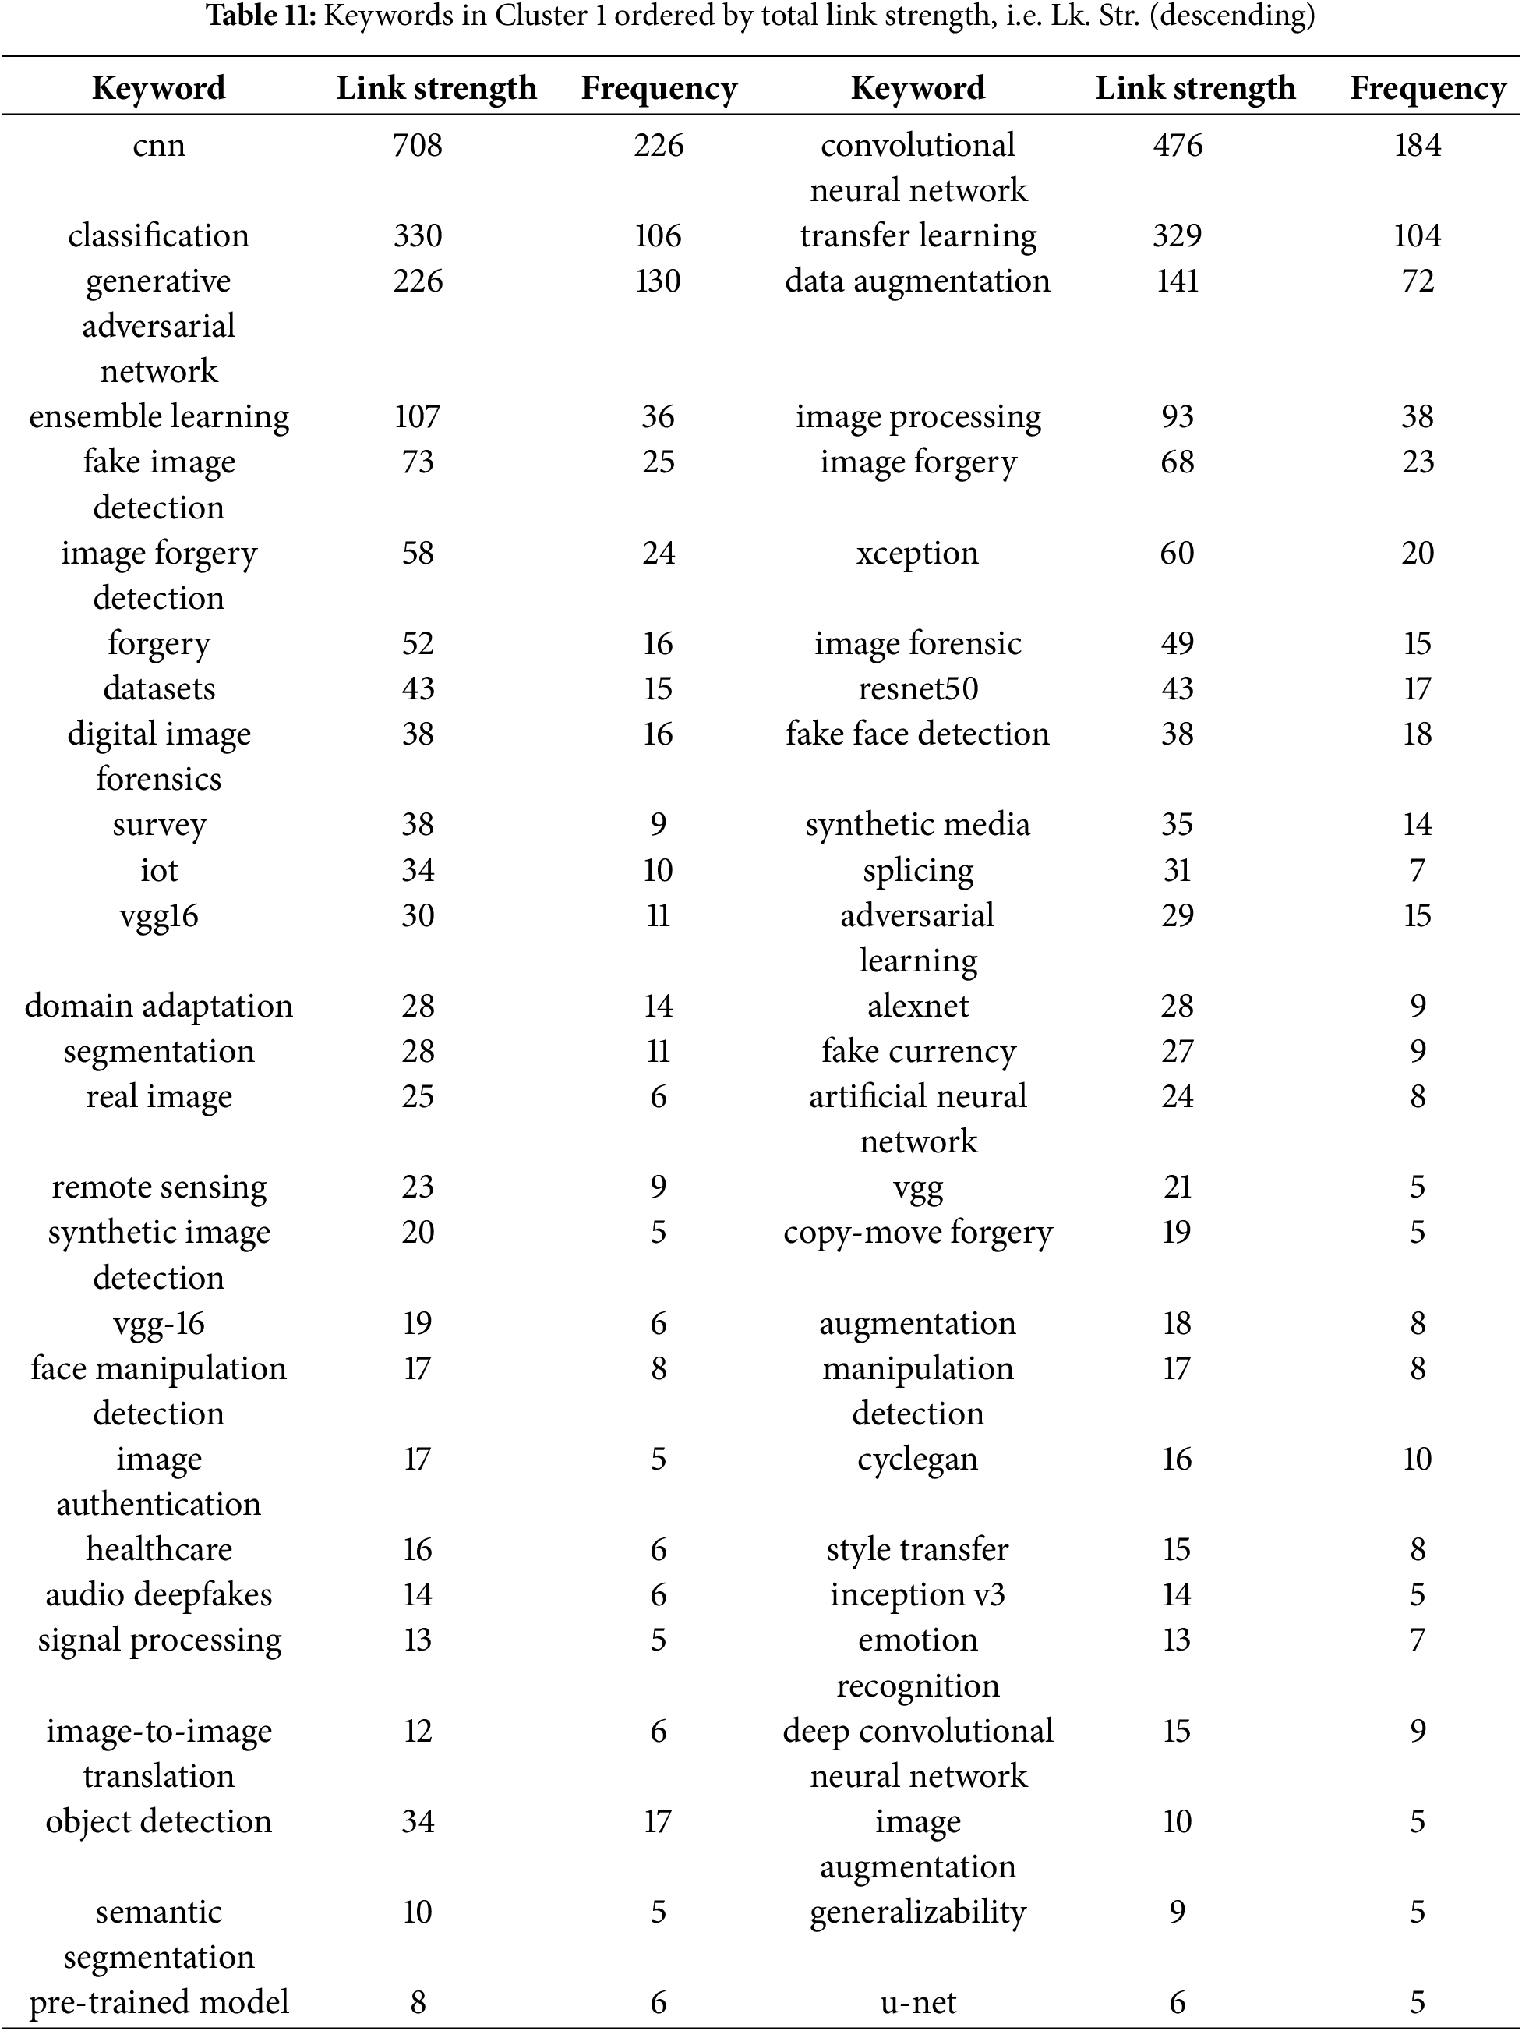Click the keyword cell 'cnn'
(159, 145)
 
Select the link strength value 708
(418, 145)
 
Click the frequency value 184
(1418, 145)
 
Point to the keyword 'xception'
(918, 553)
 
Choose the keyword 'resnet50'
(918, 688)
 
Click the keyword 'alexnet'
(918, 1006)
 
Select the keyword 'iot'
(159, 869)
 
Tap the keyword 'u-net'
(918, 2001)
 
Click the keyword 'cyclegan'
(918, 1459)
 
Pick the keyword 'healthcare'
(159, 1549)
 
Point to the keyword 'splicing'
(918, 869)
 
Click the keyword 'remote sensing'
(159, 1187)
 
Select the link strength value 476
(1177, 145)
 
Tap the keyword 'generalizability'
(918, 1912)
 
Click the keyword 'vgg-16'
(159, 1323)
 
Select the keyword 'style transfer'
(918, 1549)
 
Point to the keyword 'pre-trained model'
(159, 2001)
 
